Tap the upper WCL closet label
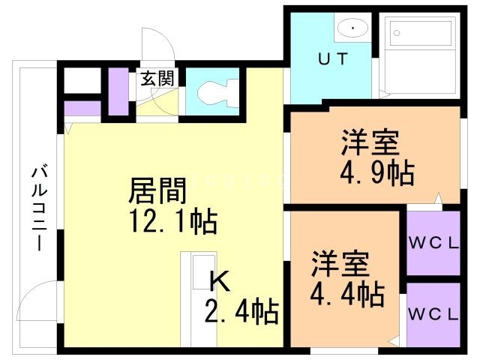click(432, 242)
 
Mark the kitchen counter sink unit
click(198, 300)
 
